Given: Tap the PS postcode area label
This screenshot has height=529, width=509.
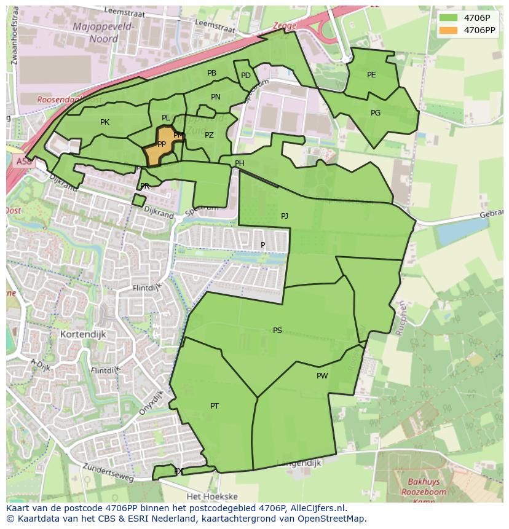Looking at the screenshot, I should coord(277,331).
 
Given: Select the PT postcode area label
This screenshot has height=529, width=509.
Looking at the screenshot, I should coord(215,406).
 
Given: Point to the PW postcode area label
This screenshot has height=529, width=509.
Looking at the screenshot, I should coord(322,376).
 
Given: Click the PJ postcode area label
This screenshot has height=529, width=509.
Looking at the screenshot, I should coord(285,216).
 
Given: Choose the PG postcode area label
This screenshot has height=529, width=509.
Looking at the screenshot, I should coord(376,113).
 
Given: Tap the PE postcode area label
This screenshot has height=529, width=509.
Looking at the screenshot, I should coord(371,75).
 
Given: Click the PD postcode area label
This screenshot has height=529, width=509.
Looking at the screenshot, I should coord(246,76).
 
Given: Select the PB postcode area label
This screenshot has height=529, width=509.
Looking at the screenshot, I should coord(211,73).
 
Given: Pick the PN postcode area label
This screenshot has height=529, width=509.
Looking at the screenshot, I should coord(216,97).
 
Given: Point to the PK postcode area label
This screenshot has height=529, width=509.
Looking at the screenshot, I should coord(105,122).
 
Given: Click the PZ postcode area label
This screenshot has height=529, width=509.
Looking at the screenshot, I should coord(210,135).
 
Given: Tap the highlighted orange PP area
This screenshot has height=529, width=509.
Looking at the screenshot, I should coord(161,145).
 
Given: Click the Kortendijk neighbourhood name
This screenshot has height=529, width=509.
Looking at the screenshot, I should coord(84,334).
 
